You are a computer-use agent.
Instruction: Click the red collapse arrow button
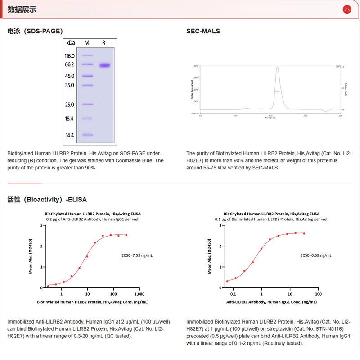(346, 9)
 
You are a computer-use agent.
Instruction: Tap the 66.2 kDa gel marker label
(69, 65)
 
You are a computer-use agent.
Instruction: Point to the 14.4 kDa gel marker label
(69, 135)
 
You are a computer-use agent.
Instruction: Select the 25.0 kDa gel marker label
(69, 105)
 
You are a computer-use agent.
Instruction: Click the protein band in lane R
(104, 65)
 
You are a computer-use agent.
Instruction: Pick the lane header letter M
(87, 43)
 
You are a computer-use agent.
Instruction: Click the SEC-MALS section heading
(203, 31)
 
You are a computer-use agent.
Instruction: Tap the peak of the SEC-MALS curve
(277, 68)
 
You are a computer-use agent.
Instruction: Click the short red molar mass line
(277, 91)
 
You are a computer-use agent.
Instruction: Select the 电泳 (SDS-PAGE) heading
(35, 31)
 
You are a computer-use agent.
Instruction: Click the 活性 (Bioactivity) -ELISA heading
(47, 199)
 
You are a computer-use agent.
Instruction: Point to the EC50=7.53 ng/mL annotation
(138, 255)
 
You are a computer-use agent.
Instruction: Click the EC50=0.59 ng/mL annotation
(316, 255)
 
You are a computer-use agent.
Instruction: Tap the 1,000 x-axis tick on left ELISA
(139, 294)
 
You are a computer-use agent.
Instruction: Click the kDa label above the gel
(70, 43)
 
